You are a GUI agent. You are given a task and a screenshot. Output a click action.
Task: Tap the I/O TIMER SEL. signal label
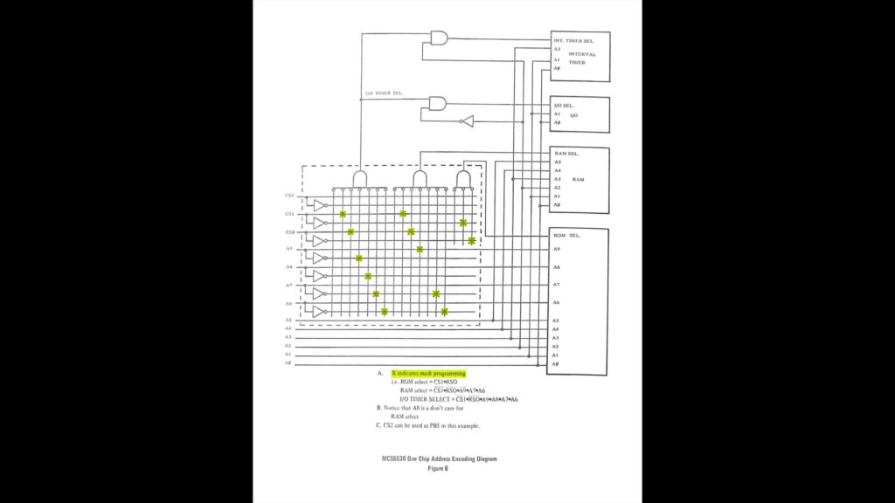384,93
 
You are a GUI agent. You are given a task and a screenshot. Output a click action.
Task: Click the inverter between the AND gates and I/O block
468,121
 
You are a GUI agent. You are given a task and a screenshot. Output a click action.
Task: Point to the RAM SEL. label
566,154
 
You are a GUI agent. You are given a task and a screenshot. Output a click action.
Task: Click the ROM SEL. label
567,236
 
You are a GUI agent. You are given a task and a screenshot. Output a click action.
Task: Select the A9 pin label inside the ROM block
557,249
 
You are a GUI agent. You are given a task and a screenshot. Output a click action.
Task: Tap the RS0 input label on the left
289,232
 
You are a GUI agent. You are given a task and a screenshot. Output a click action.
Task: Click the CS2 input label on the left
289,196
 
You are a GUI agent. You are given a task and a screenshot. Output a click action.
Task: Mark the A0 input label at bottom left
288,363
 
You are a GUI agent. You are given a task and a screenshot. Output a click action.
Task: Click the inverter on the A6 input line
320,311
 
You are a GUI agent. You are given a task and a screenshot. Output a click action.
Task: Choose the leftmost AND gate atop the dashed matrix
359,179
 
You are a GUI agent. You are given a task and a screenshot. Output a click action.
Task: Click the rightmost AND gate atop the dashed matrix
463,179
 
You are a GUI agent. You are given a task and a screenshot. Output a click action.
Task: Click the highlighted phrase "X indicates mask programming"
428,373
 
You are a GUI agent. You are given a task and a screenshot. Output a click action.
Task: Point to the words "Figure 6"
437,468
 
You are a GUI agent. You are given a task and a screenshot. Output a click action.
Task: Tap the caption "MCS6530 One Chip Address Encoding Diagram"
438,459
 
